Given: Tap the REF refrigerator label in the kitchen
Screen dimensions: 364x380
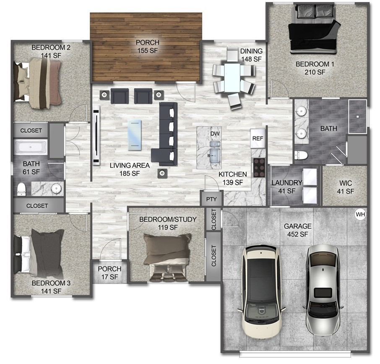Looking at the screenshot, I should tap(257, 138).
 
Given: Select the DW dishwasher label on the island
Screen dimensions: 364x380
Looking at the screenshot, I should tap(215, 134).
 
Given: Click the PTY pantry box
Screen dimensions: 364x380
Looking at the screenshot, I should tap(211, 199).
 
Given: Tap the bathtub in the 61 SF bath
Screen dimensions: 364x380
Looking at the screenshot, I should tap(31, 147).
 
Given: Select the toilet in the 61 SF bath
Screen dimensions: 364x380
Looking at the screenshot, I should tap(21, 189).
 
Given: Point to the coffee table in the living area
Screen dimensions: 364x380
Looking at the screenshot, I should tap(135, 135).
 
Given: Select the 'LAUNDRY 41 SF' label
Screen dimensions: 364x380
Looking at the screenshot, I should tap(286, 186).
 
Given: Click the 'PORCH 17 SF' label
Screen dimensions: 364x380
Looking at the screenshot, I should tap(109, 273).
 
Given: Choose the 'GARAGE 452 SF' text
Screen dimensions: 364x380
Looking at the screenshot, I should tap(297, 230).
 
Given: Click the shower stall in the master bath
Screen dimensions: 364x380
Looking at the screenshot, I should tap(357, 116).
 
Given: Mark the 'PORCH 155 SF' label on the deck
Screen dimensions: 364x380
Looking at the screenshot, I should tap(147, 46).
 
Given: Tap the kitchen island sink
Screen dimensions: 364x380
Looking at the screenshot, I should tap(215, 152).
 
